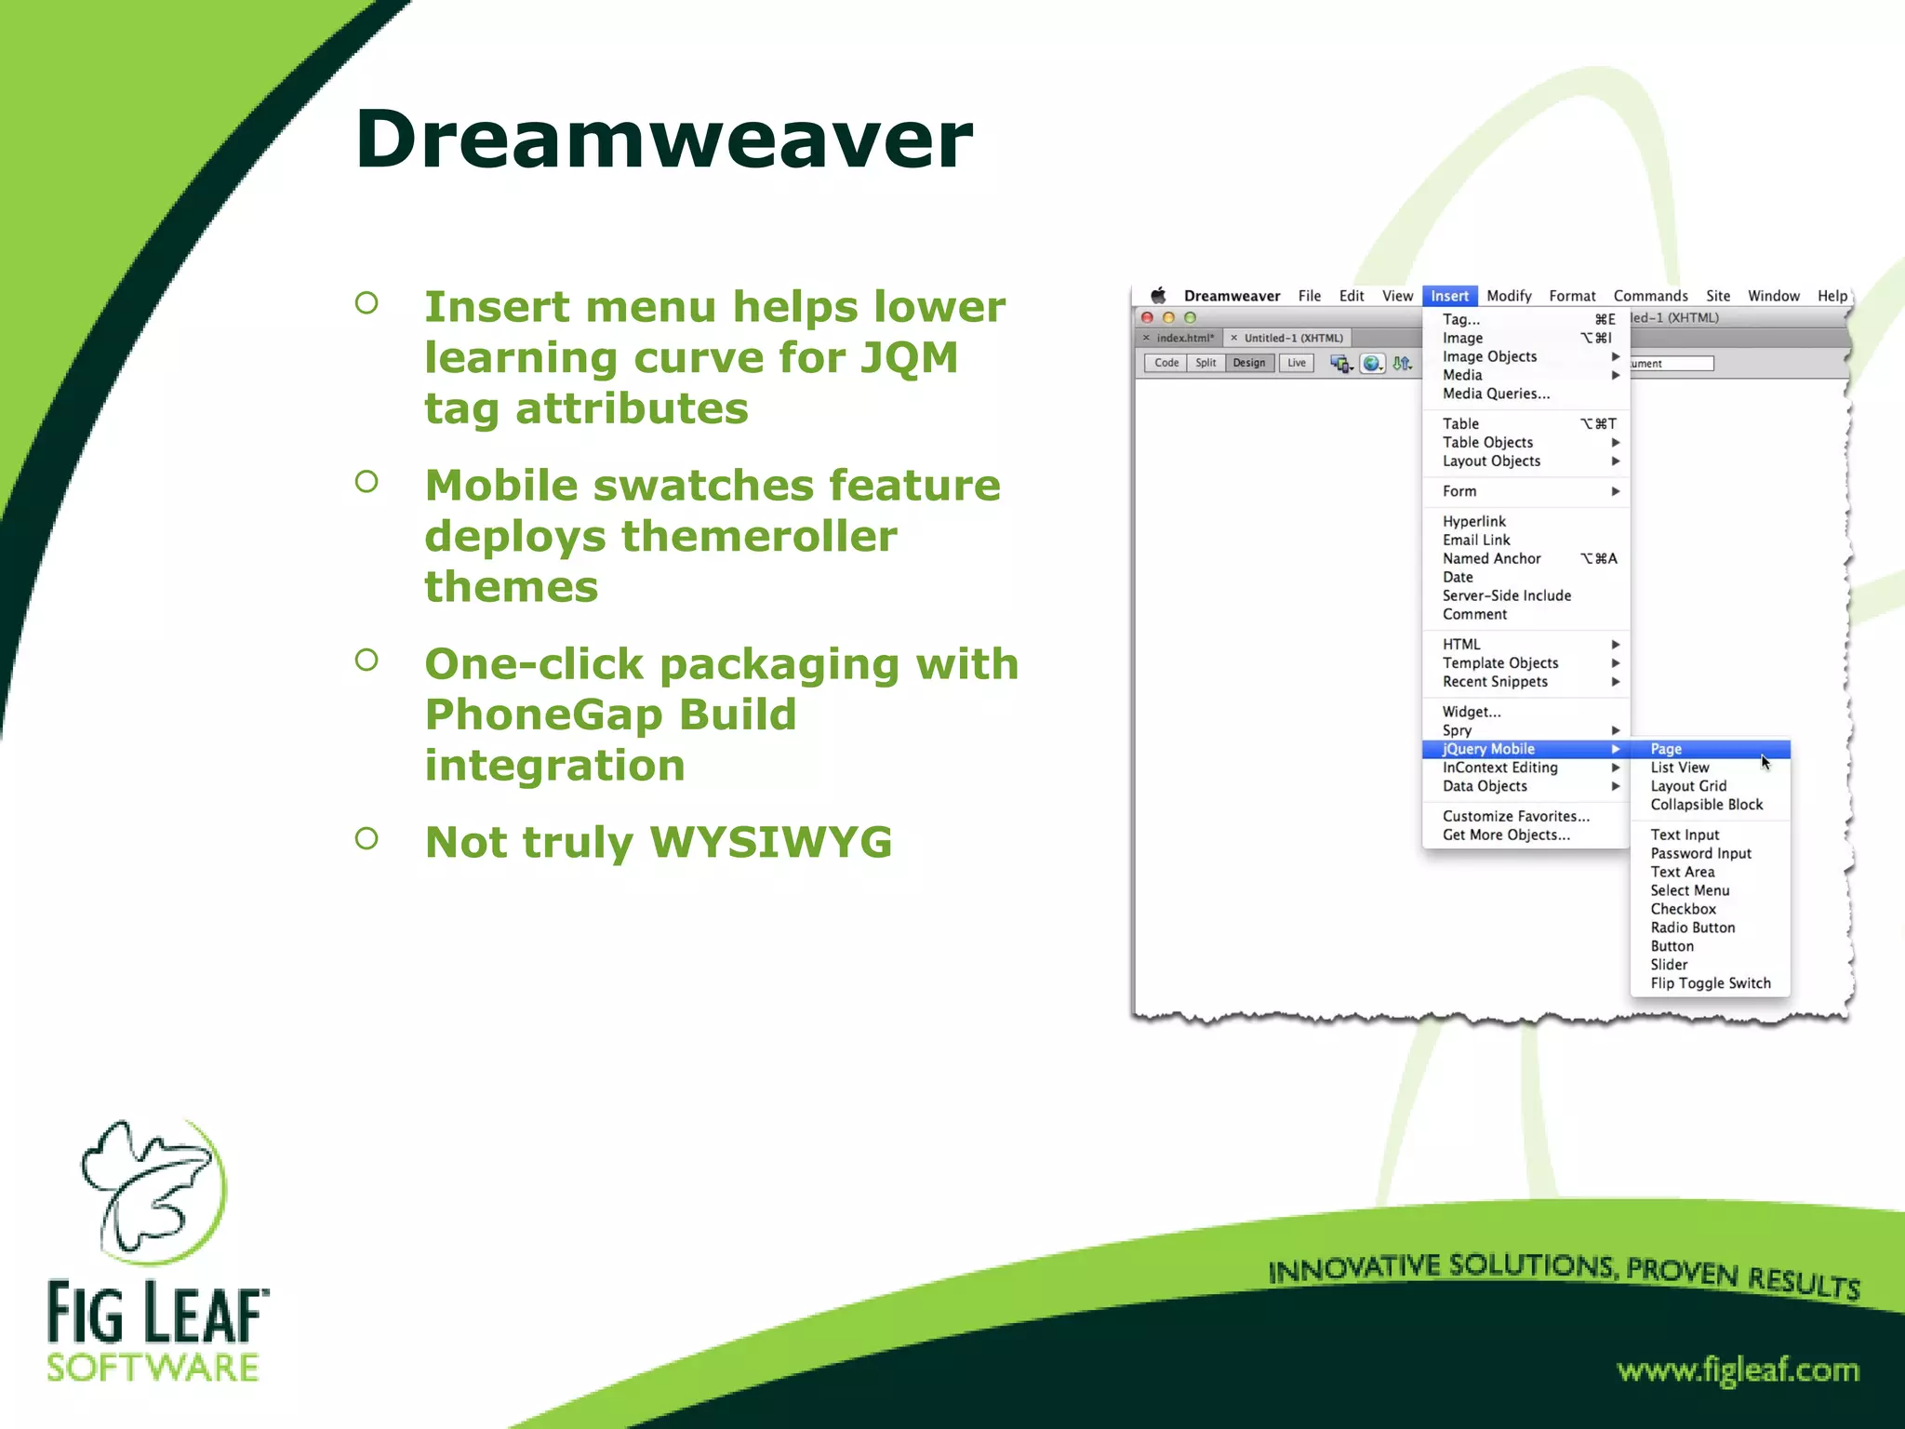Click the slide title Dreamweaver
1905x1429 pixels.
point(663,140)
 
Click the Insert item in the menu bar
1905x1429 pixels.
point(1449,296)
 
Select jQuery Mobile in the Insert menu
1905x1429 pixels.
point(1488,749)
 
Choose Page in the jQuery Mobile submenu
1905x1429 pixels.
point(1666,749)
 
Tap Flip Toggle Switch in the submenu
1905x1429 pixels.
point(1710,983)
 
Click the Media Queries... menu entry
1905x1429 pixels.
point(1496,394)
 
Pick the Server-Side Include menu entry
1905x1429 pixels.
point(1506,595)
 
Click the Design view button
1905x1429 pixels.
point(1248,363)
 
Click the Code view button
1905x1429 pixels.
point(1166,363)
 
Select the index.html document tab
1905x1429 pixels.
point(1184,338)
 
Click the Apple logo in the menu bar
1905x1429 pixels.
point(1158,296)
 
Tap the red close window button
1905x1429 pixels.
point(1147,317)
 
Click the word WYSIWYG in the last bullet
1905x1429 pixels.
point(770,842)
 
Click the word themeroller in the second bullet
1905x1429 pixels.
point(758,536)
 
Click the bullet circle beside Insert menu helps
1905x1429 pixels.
point(366,302)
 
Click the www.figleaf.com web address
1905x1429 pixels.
point(1737,1369)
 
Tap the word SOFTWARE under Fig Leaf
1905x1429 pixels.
point(153,1368)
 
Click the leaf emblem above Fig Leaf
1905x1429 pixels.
point(154,1191)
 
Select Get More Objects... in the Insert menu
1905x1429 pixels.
point(1505,835)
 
